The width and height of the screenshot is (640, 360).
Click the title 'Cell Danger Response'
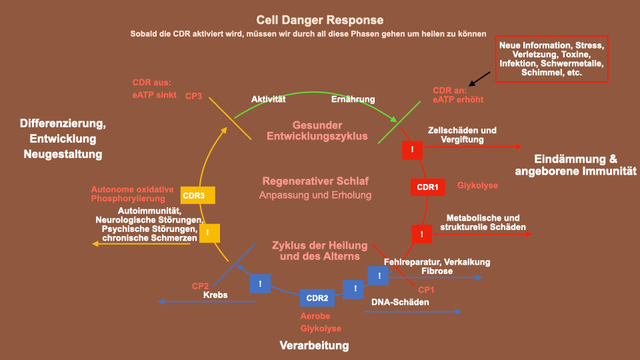(319, 20)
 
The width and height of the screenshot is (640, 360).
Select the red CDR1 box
(427, 187)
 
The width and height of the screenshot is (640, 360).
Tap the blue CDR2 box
(317, 298)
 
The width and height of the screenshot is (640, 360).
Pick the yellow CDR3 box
(197, 195)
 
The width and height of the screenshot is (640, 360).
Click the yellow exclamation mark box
(209, 233)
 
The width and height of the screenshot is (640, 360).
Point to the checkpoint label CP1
(426, 290)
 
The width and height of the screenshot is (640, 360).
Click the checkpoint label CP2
(200, 286)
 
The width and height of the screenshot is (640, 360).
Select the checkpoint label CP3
(193, 96)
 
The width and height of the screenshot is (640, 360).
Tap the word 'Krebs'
(215, 295)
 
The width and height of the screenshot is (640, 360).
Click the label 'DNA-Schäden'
(400, 302)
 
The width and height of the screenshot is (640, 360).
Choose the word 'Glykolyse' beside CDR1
(477, 185)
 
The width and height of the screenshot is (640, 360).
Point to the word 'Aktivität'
(268, 99)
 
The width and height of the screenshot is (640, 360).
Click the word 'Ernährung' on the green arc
(353, 99)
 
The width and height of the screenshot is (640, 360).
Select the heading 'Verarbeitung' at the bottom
(314, 345)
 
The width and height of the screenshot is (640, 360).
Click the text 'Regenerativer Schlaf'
(315, 181)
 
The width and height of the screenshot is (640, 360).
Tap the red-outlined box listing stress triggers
(551, 59)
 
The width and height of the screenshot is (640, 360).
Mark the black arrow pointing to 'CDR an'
(479, 79)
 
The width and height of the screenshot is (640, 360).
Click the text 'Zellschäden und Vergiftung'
(462, 135)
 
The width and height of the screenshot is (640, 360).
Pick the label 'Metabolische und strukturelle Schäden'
(483, 223)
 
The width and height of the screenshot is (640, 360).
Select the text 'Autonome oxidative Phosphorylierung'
(132, 194)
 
